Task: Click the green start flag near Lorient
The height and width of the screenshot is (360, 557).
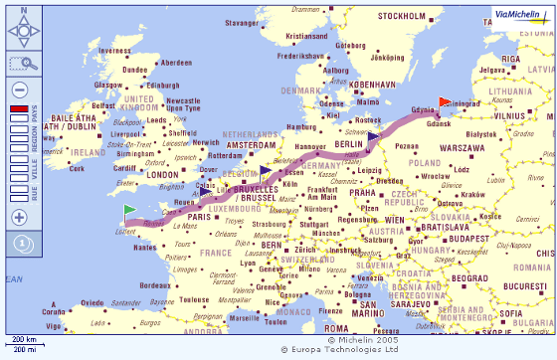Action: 129,211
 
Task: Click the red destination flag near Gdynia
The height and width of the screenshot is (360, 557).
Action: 444,101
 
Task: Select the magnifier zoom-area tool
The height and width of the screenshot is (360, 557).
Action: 19,64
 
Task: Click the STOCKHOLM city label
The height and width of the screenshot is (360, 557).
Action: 402,16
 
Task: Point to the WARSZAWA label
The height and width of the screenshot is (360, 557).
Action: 463,147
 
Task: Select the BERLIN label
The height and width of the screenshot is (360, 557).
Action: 350,144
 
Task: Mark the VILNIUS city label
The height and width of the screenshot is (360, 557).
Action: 509,115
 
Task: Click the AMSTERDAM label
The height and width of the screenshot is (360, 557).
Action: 251,145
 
